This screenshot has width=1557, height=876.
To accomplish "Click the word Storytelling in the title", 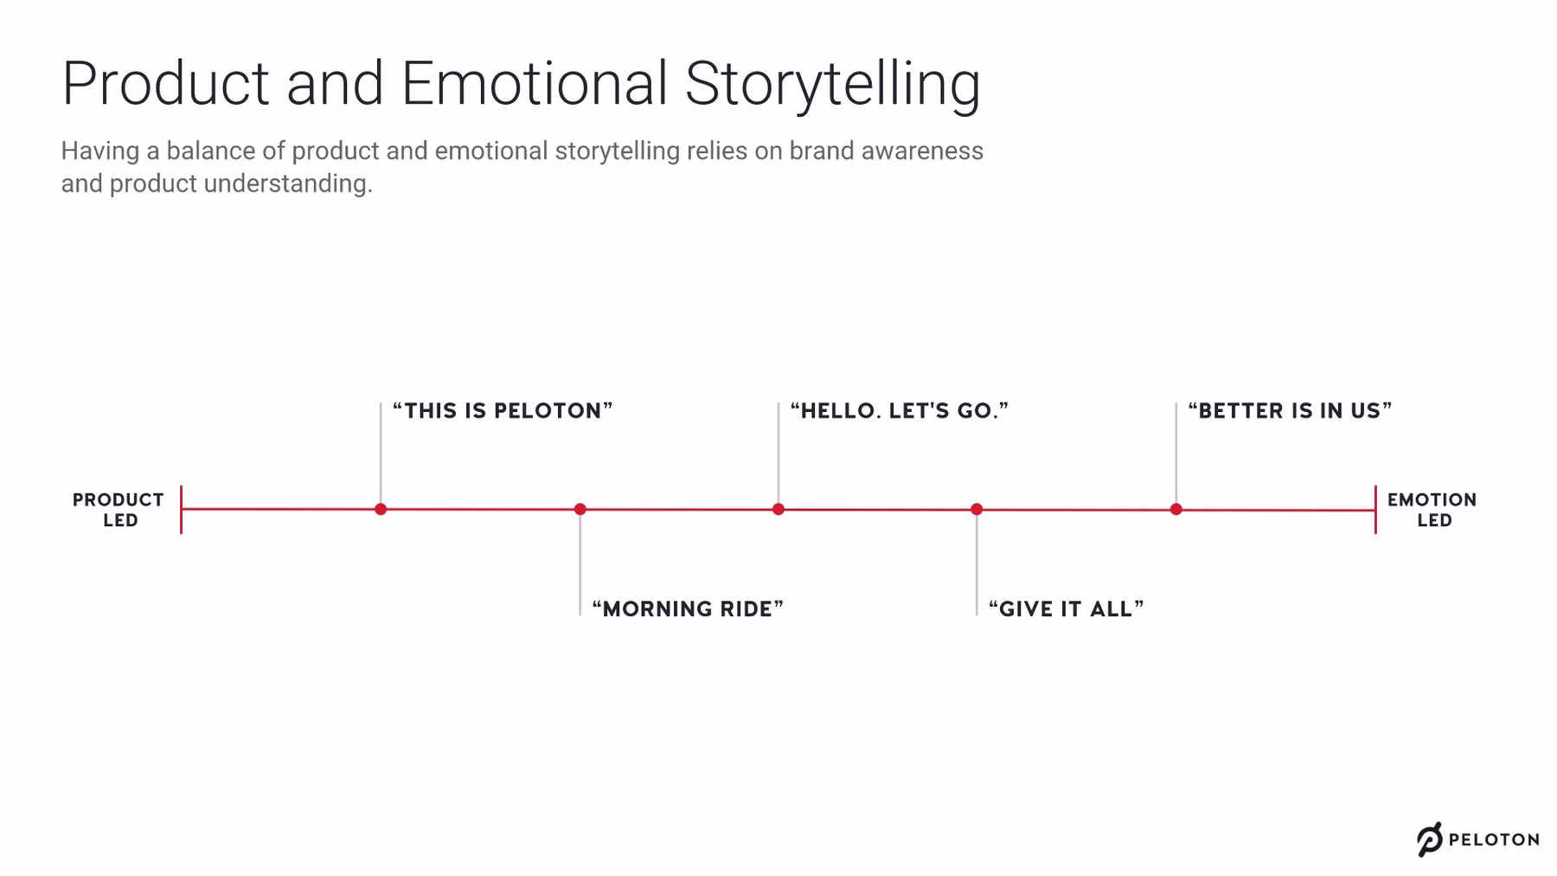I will coord(832,84).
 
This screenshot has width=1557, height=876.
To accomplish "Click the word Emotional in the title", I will coord(534,84).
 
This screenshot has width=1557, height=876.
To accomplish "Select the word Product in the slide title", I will coord(165,84).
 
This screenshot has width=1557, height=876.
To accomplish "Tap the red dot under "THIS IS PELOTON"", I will coord(381,509).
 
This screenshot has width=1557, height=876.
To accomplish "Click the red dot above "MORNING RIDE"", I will coord(580,509).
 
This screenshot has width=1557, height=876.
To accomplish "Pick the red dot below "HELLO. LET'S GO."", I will coord(778,509).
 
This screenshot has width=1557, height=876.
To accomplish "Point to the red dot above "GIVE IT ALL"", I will coord(977,509).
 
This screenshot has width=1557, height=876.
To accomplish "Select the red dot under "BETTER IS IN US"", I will coord(1176,509).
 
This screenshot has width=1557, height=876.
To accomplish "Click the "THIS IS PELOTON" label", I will coord(503,410).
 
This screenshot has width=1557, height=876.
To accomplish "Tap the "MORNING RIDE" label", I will coord(688,609).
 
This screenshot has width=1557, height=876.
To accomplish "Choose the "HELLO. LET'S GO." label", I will coord(900,410).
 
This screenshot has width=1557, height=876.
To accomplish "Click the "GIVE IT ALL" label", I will coord(1066,609).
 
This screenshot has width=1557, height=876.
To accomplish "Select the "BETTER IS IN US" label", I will coord(1290,410).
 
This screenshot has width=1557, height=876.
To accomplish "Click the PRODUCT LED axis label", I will coord(119,510).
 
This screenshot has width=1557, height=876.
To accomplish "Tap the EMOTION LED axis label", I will coord(1432,510).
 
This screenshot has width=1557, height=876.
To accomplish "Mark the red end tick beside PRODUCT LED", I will coord(181,509).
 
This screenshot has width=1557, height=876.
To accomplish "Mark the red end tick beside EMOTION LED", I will coord(1375,510).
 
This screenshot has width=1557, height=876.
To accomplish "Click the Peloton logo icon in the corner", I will coord(1429,839).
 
